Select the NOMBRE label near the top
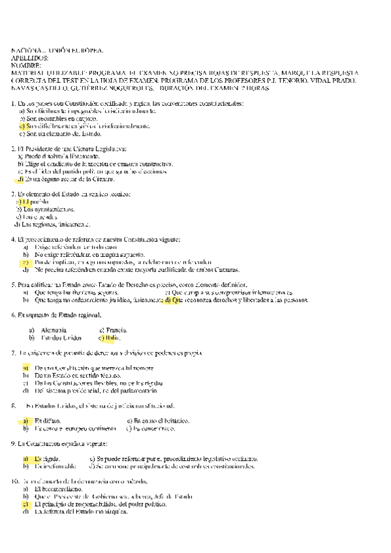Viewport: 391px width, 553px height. pyautogui.click(x=27, y=65)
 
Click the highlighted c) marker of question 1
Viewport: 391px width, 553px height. pyautogui.click(x=22, y=125)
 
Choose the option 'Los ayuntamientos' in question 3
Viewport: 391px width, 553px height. pyautogui.click(x=48, y=209)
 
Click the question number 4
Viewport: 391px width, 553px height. pyautogui.click(x=14, y=239)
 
